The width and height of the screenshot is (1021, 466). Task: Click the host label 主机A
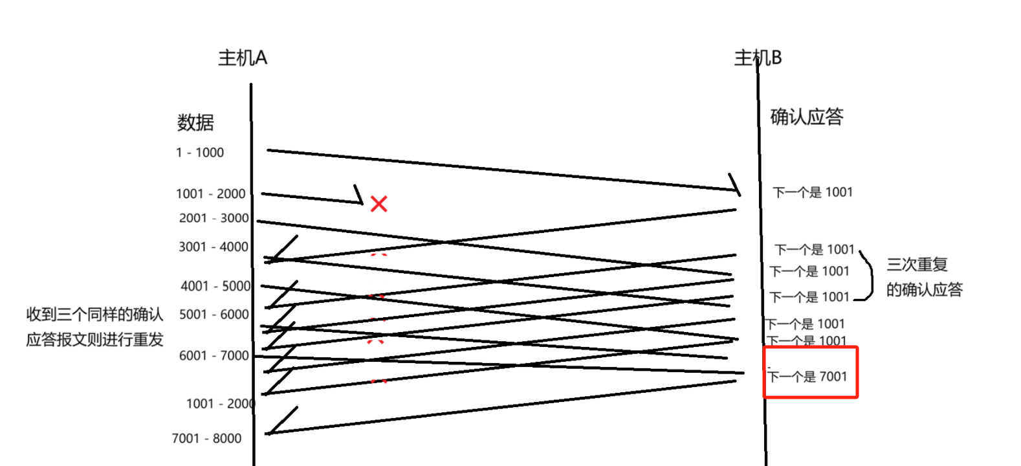tap(242, 58)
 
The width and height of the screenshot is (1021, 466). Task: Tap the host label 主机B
tap(758, 58)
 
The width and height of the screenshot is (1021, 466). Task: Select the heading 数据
tap(195, 122)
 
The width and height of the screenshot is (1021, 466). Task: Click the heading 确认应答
tap(806, 117)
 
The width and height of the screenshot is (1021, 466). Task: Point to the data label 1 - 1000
tap(199, 153)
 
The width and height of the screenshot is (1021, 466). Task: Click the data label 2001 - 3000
tap(214, 218)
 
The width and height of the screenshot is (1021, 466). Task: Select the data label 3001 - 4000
tap(214, 247)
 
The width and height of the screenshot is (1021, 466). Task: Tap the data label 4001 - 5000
tap(215, 286)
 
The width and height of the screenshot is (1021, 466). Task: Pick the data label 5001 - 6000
tap(214, 315)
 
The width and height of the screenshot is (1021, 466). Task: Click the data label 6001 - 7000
tap(214, 355)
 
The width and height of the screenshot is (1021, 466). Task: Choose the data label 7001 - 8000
tap(206, 438)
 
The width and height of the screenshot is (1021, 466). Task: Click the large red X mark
tap(379, 204)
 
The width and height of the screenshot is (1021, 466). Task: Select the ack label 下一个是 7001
tap(807, 377)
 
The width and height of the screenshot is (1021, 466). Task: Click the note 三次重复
tap(916, 265)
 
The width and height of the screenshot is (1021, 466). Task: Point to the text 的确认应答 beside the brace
tap(924, 290)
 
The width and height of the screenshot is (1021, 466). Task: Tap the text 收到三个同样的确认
tap(94, 315)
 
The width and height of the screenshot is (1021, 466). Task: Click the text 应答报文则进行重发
tap(94, 340)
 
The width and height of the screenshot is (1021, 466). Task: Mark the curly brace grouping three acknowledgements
tap(868, 274)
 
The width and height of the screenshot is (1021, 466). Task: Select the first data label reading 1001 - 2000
tap(210, 194)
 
